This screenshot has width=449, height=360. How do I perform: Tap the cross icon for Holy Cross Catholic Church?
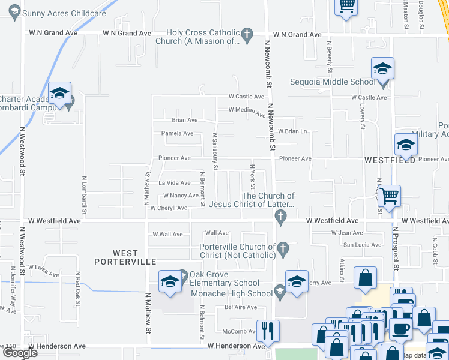[247, 34]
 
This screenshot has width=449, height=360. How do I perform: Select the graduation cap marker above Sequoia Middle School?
[382, 69]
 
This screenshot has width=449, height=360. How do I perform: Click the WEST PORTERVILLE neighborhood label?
[125, 257]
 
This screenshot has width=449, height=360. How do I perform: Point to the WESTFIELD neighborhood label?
[388, 161]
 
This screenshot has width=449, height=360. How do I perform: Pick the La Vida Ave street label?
[174, 182]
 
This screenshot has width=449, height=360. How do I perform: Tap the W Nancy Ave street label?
[181, 196]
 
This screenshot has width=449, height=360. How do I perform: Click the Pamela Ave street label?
[177, 133]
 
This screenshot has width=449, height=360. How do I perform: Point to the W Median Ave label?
[247, 111]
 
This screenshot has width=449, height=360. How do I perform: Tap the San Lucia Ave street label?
[361, 245]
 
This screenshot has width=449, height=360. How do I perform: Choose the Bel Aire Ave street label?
[240, 307]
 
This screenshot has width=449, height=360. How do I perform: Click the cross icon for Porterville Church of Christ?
[283, 247]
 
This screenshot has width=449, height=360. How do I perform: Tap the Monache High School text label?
[231, 293]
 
